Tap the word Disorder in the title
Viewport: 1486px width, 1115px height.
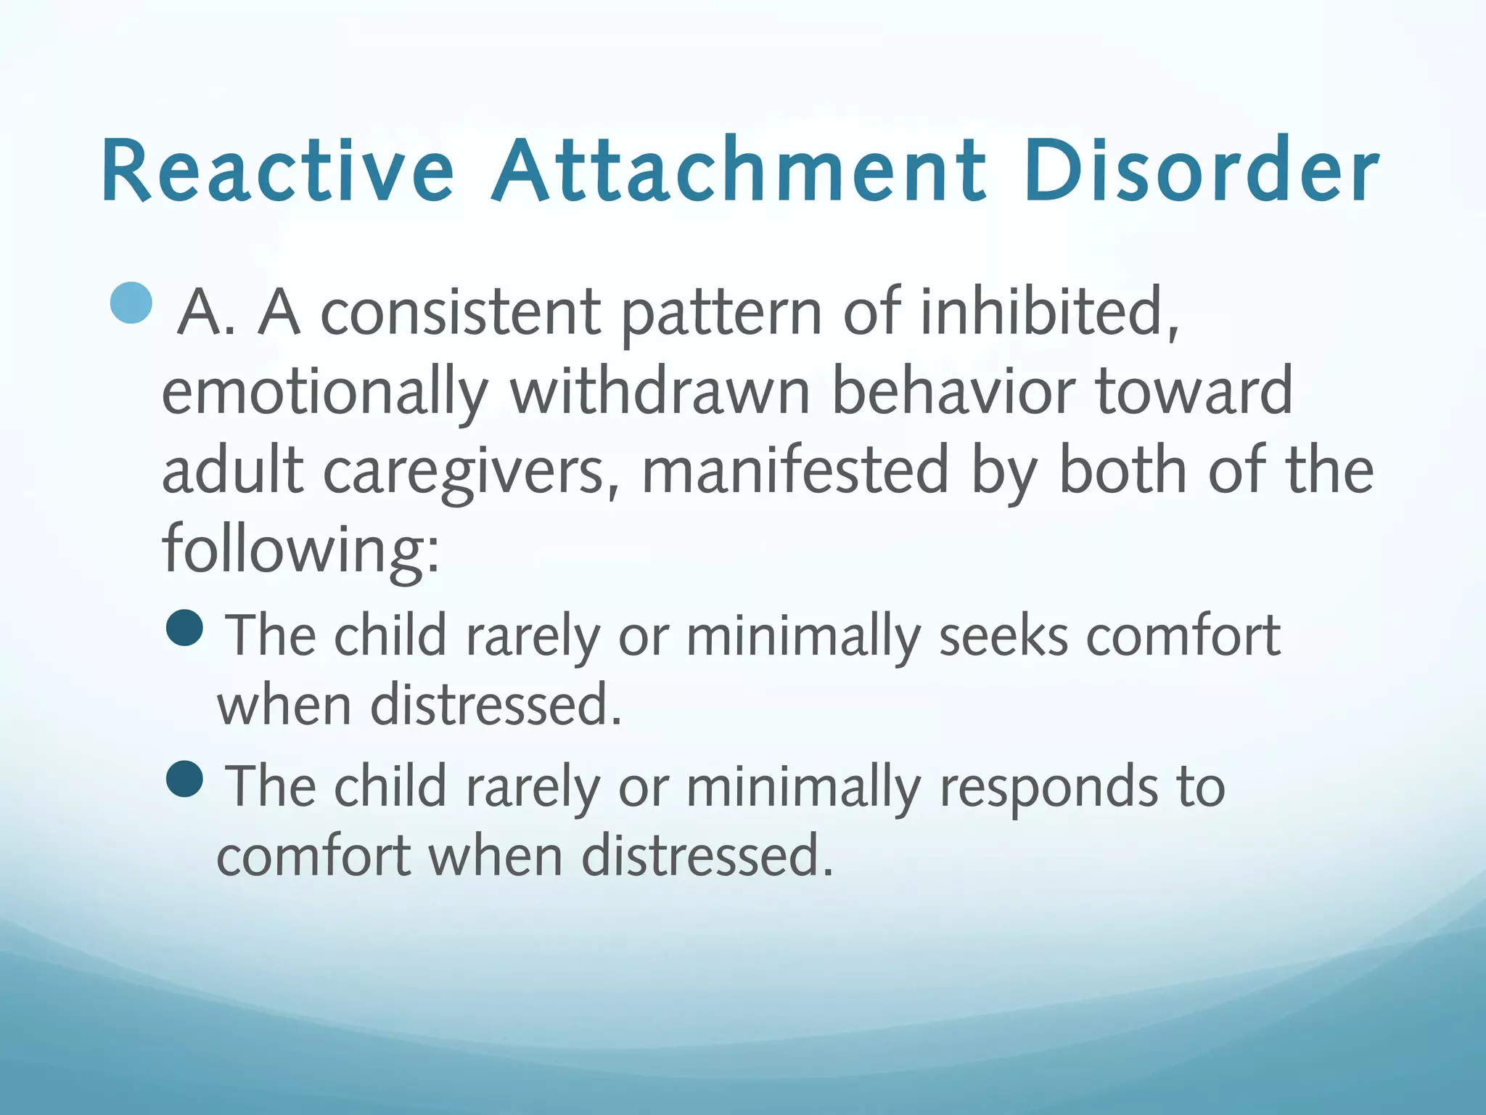pos(1201,171)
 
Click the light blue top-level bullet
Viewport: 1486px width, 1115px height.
pos(132,303)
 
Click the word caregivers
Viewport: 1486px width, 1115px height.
pos(471,472)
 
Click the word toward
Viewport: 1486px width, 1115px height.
pos(1194,391)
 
